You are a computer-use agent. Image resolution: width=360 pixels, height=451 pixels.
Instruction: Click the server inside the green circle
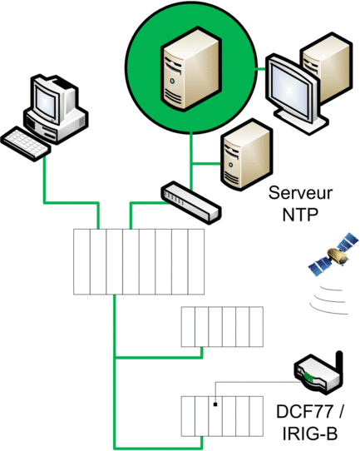(191, 68)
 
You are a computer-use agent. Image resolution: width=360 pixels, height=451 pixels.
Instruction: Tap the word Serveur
(300, 192)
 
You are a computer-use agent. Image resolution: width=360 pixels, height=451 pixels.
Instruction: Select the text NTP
(300, 215)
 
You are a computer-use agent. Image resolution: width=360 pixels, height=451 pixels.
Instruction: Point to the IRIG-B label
(310, 434)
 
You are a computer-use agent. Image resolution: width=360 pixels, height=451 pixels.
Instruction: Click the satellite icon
(333, 254)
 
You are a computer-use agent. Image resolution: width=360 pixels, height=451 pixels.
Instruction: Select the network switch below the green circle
(191, 202)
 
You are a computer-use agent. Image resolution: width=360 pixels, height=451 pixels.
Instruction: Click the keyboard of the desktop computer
(26, 143)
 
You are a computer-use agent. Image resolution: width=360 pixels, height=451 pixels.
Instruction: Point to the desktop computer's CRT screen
(46, 102)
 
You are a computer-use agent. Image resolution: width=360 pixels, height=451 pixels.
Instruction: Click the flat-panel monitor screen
(290, 89)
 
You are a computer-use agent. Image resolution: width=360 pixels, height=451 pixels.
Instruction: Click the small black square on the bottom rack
(215, 404)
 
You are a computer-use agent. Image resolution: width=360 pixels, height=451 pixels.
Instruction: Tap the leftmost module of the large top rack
(81, 261)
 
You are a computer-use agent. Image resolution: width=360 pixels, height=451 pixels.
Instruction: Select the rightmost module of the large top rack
(196, 261)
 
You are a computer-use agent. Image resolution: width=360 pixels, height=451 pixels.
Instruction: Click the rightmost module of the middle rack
(256, 326)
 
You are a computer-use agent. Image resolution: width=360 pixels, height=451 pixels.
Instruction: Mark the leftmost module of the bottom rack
(188, 416)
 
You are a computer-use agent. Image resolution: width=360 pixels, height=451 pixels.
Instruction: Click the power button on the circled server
(172, 82)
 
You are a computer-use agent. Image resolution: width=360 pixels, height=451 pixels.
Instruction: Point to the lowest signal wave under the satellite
(328, 310)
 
